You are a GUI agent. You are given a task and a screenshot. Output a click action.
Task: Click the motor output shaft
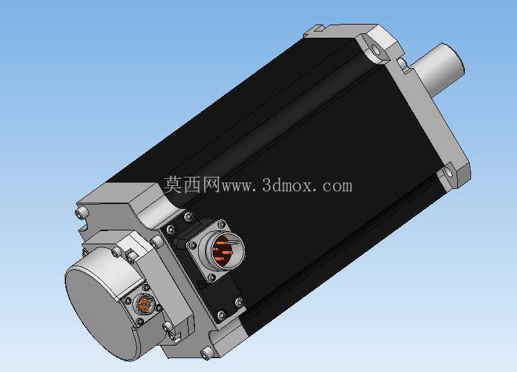click(x=437, y=69)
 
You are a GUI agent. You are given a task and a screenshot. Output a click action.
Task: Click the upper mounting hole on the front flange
click(x=375, y=50)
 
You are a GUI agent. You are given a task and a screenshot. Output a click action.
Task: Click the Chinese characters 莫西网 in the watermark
click(x=192, y=184)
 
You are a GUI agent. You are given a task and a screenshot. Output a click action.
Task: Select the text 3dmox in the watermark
click(x=287, y=185)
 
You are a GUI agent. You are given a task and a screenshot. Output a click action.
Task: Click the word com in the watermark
click(x=337, y=186)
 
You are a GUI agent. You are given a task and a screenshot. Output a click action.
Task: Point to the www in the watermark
click(x=236, y=187)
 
